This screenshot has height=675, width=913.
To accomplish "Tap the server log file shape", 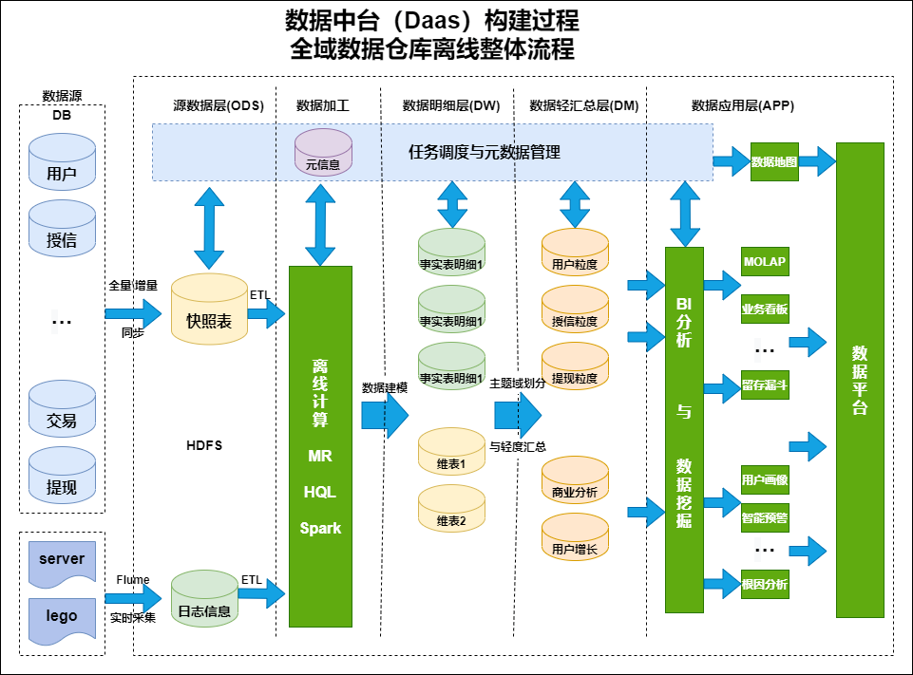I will click(x=62, y=560).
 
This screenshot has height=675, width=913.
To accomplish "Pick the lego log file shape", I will click(x=62, y=617).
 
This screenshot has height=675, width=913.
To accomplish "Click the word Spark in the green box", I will click(x=320, y=528).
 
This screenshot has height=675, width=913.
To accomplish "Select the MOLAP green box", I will click(x=764, y=262).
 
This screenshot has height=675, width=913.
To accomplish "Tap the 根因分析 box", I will click(x=764, y=584).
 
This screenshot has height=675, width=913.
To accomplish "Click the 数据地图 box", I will click(x=774, y=161).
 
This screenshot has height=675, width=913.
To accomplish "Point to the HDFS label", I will click(x=204, y=445).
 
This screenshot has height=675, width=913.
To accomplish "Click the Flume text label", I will click(x=133, y=579).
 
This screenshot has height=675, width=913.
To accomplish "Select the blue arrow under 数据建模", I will click(x=384, y=415).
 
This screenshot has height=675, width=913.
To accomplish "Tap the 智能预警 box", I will click(x=764, y=518).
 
